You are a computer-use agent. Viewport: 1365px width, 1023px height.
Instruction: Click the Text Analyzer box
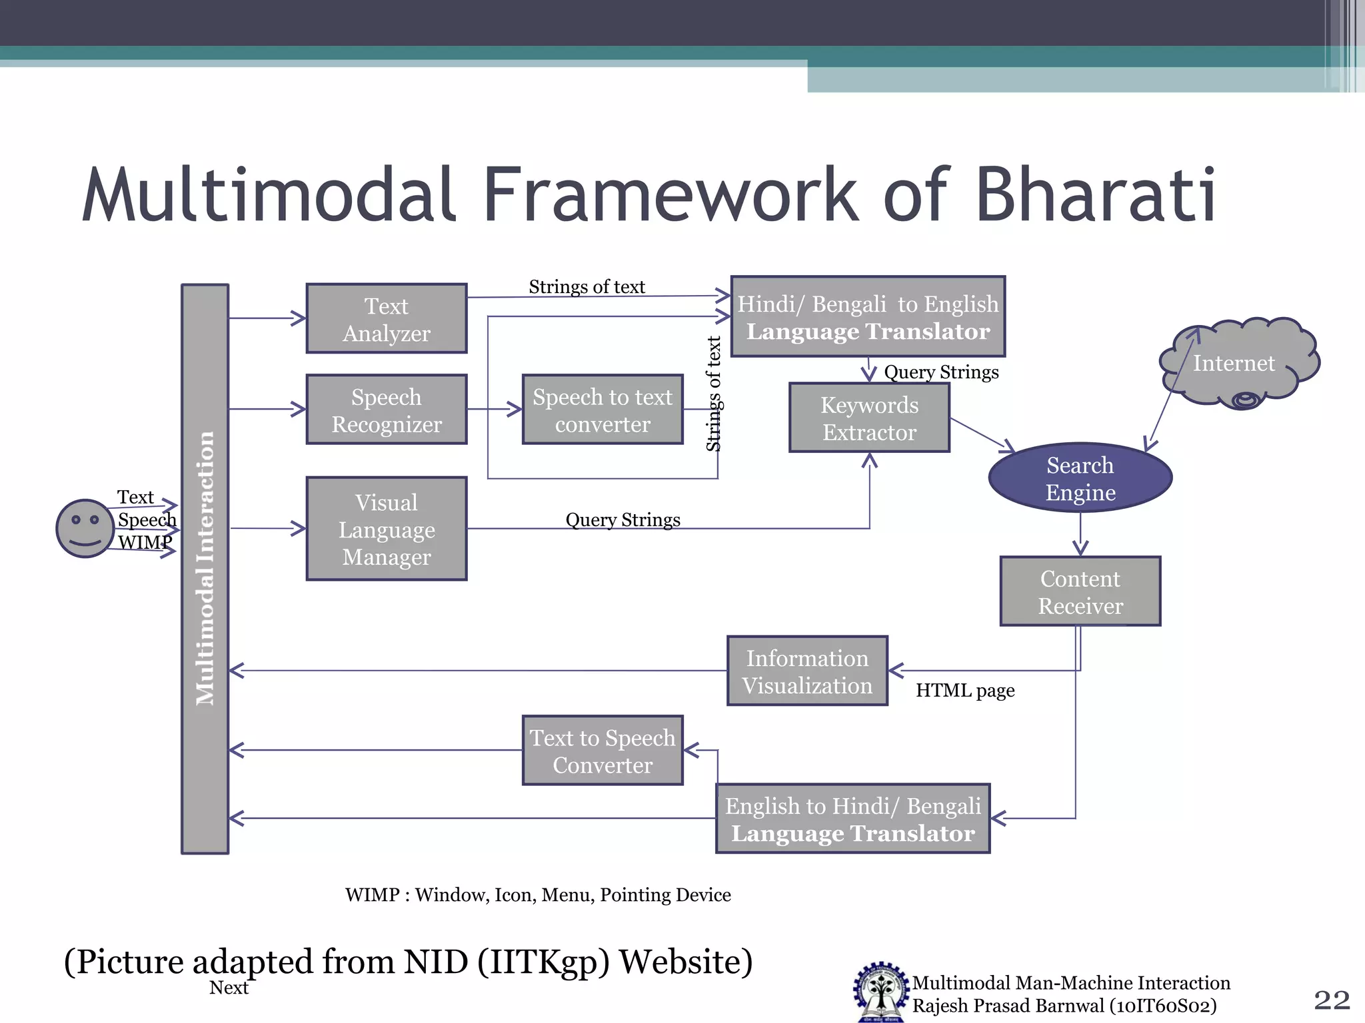pyautogui.click(x=386, y=319)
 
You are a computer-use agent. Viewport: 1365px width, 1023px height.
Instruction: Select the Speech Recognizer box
pyautogui.click(x=386, y=410)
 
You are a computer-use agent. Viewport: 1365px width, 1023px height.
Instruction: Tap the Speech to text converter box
pyautogui.click(x=603, y=410)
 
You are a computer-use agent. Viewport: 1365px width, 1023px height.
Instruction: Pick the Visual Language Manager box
pyautogui.click(x=386, y=529)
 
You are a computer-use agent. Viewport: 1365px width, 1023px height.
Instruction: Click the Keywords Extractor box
pyautogui.click(x=869, y=418)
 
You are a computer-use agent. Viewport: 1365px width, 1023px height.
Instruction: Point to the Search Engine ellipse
pyautogui.click(x=1080, y=478)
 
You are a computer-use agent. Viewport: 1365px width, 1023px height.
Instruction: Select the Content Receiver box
pyautogui.click(x=1080, y=591)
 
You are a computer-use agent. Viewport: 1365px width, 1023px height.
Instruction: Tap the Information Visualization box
pyautogui.click(x=807, y=671)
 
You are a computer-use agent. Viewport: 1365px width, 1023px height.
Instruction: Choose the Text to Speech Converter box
pyautogui.click(x=603, y=751)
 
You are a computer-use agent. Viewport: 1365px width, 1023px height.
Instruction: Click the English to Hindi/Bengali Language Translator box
pyautogui.click(x=852, y=819)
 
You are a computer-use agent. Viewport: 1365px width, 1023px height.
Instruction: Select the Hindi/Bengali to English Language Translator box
pyautogui.click(x=868, y=317)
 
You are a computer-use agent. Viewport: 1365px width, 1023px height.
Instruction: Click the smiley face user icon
pyautogui.click(x=85, y=528)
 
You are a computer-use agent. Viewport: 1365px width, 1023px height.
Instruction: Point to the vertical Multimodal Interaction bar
pyautogui.click(x=205, y=569)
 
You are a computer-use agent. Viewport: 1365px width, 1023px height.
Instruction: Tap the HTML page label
pyautogui.click(x=964, y=691)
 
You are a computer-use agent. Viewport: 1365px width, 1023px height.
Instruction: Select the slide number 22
pyautogui.click(x=1331, y=1000)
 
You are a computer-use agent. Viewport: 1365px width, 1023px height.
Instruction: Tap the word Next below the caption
pyautogui.click(x=229, y=988)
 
